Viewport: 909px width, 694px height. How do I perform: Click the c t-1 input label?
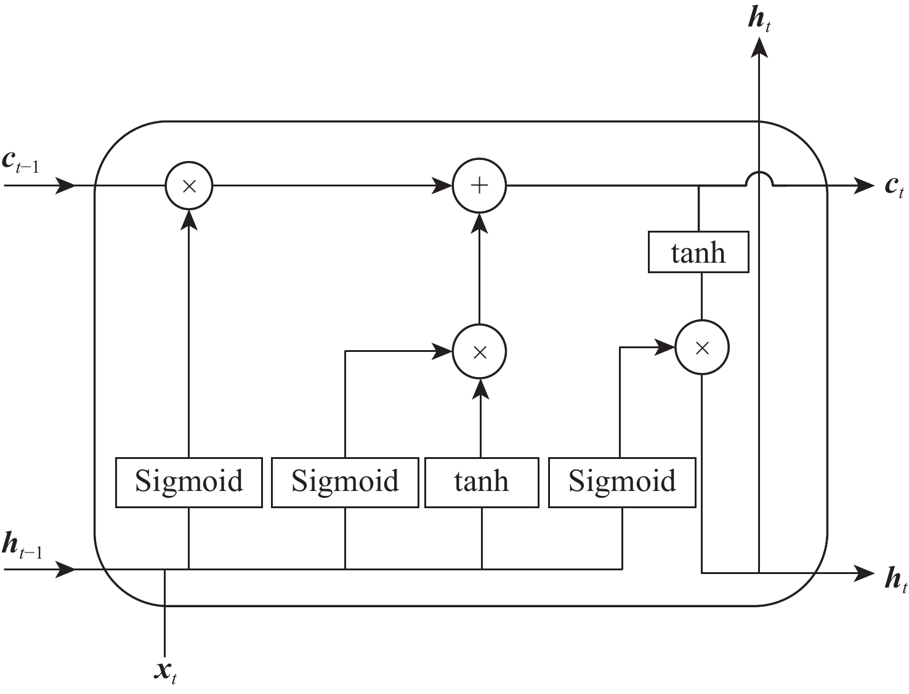pyautogui.click(x=21, y=162)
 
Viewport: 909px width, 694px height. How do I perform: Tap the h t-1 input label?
pyautogui.click(x=22, y=546)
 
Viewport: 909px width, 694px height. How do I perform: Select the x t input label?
pyautogui.click(x=166, y=671)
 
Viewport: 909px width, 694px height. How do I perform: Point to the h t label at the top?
pyautogui.click(x=759, y=20)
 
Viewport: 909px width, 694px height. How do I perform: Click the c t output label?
pyautogui.click(x=894, y=186)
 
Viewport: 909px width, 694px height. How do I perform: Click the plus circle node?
pyautogui.click(x=479, y=185)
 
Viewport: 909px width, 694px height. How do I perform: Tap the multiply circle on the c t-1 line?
pyautogui.click(x=189, y=185)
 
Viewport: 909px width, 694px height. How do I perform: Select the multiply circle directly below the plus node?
pyautogui.click(x=479, y=352)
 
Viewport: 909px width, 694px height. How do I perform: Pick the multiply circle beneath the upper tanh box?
pyautogui.click(x=702, y=348)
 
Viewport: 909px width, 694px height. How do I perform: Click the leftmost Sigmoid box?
pyautogui.click(x=189, y=482)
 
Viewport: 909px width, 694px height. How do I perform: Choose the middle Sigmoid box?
pyautogui.click(x=345, y=482)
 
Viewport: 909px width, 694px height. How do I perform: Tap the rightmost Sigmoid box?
pyautogui.click(x=622, y=482)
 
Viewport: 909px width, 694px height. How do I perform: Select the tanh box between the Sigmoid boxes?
pyautogui.click(x=482, y=482)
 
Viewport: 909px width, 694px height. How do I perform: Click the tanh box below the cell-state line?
pyautogui.click(x=698, y=252)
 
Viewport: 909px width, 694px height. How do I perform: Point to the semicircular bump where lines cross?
pyautogui.click(x=759, y=178)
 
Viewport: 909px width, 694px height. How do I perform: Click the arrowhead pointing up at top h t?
pyautogui.click(x=759, y=46)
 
